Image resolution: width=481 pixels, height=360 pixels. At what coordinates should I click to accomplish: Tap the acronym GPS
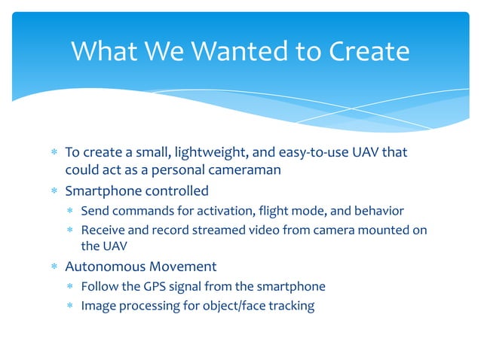(x=153, y=286)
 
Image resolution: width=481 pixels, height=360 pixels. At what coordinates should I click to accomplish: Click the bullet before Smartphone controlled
(x=54, y=191)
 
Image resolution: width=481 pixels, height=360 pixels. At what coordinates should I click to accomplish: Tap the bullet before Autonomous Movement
(x=54, y=267)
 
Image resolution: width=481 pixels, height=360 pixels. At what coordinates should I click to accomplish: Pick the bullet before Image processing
(x=69, y=305)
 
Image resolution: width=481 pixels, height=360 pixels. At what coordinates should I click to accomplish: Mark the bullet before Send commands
(x=69, y=210)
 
